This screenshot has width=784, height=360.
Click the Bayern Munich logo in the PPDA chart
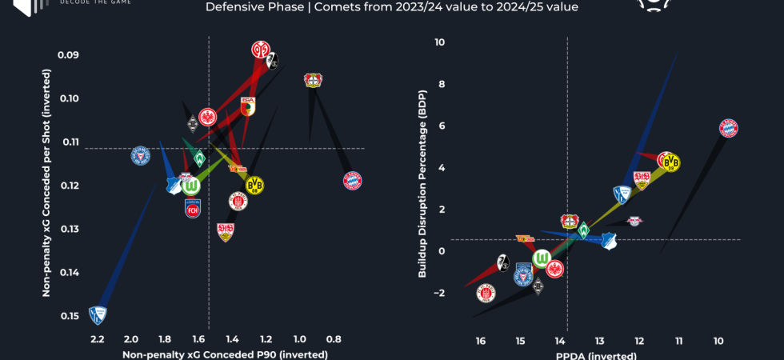pos(728,128)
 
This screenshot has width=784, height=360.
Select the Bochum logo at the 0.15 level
pos(98,315)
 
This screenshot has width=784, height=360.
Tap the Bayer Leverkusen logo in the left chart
pos(313,80)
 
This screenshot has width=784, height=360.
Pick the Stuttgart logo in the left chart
pos(226,232)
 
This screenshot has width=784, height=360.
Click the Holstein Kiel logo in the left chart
pos(140,155)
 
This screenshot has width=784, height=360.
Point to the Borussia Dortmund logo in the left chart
pos(254,186)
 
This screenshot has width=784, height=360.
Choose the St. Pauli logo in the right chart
pos(486,293)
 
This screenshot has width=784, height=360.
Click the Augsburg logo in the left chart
pos(248,106)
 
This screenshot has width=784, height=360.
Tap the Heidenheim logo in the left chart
pos(192,209)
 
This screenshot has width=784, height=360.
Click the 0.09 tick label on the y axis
pos(67,55)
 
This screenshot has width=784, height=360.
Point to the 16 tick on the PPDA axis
pos(480,341)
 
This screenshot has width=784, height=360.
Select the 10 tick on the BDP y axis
pos(439,42)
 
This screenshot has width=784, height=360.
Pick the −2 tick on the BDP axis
pos(439,293)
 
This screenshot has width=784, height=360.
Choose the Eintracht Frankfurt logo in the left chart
pos(207,118)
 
